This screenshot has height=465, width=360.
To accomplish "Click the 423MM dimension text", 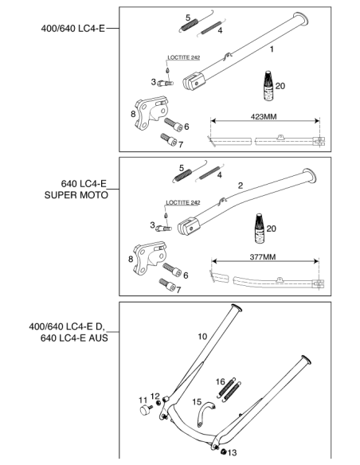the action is (x=264, y=116).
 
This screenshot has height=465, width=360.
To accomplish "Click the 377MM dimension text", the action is (x=263, y=257).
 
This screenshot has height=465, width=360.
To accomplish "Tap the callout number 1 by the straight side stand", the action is (x=272, y=49).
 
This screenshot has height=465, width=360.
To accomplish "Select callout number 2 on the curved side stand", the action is (x=241, y=186).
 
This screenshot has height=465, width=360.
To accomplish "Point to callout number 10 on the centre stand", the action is (x=202, y=337).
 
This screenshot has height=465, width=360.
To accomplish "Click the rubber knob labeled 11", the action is (x=146, y=410).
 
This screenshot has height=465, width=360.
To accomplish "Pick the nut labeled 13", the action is (x=224, y=451).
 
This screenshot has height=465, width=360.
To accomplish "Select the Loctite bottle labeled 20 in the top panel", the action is (x=268, y=86).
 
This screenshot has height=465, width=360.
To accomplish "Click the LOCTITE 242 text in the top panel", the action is (x=183, y=57).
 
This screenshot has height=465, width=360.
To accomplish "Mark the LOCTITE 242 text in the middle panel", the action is (x=182, y=202).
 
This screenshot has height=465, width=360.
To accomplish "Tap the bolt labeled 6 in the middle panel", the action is (x=172, y=270).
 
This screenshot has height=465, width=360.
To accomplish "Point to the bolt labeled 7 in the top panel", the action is (x=168, y=139).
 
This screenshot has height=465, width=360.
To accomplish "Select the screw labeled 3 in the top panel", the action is (x=165, y=84).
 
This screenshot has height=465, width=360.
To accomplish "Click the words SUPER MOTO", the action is (x=76, y=195).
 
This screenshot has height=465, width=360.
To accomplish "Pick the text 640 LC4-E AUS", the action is (x=74, y=338).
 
